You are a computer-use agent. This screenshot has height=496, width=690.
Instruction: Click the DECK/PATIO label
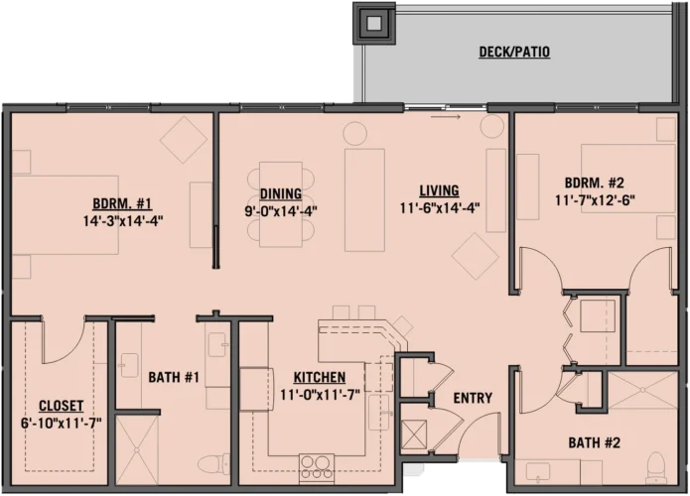[513, 52]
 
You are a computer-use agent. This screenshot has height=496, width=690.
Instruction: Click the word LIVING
[438, 190]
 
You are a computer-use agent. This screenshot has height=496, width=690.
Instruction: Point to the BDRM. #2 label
[593, 184]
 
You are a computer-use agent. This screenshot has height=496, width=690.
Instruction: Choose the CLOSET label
[60, 406]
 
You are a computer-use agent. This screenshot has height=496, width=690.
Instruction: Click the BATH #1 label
[175, 377]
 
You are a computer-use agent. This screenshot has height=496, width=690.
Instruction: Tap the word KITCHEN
[319, 377]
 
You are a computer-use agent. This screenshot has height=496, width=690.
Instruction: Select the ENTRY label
[473, 398]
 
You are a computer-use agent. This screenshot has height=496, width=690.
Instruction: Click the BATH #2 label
[596, 441]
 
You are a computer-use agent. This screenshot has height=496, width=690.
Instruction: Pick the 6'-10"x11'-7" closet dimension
[61, 423]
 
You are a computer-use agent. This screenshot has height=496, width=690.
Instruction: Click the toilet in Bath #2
[654, 464]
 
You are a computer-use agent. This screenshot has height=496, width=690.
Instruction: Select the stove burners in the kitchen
[317, 464]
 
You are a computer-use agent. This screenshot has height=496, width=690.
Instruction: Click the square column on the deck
[374, 22]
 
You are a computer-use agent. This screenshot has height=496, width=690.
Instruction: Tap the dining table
[280, 204]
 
